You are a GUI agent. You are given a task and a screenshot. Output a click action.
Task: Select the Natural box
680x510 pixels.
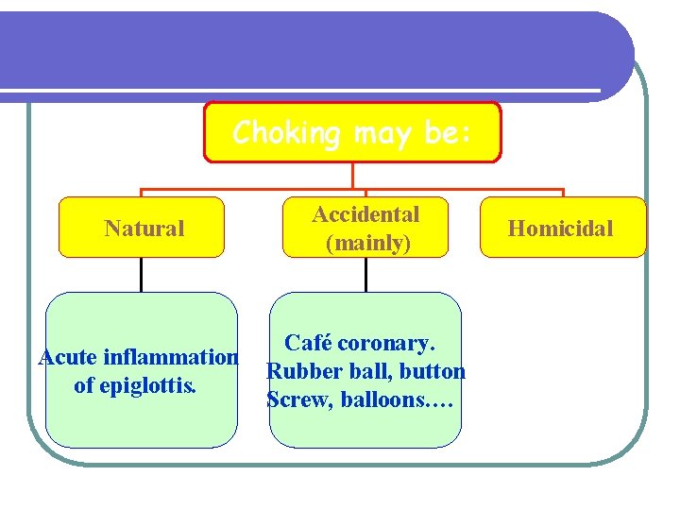click(x=143, y=228)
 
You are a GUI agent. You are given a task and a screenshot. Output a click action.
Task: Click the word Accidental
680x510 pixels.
click(x=365, y=214)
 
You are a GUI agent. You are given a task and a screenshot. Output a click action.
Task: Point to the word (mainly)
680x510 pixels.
click(x=367, y=243)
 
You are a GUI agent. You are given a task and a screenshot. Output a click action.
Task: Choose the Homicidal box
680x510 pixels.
click(x=561, y=228)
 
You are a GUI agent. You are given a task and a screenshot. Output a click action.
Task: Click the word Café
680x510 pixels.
click(x=308, y=342)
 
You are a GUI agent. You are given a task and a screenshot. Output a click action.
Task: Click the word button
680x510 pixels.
click(x=433, y=371)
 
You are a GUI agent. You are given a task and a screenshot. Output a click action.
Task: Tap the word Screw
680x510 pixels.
click(x=294, y=399)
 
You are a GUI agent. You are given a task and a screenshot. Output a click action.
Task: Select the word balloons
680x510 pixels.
click(x=388, y=399)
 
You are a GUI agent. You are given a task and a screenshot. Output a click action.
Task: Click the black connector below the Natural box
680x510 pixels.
click(x=142, y=274)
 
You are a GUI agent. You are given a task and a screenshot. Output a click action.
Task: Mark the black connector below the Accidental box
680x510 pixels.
click(x=365, y=274)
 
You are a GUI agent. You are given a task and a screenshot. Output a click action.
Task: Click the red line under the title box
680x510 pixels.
click(x=352, y=176)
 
